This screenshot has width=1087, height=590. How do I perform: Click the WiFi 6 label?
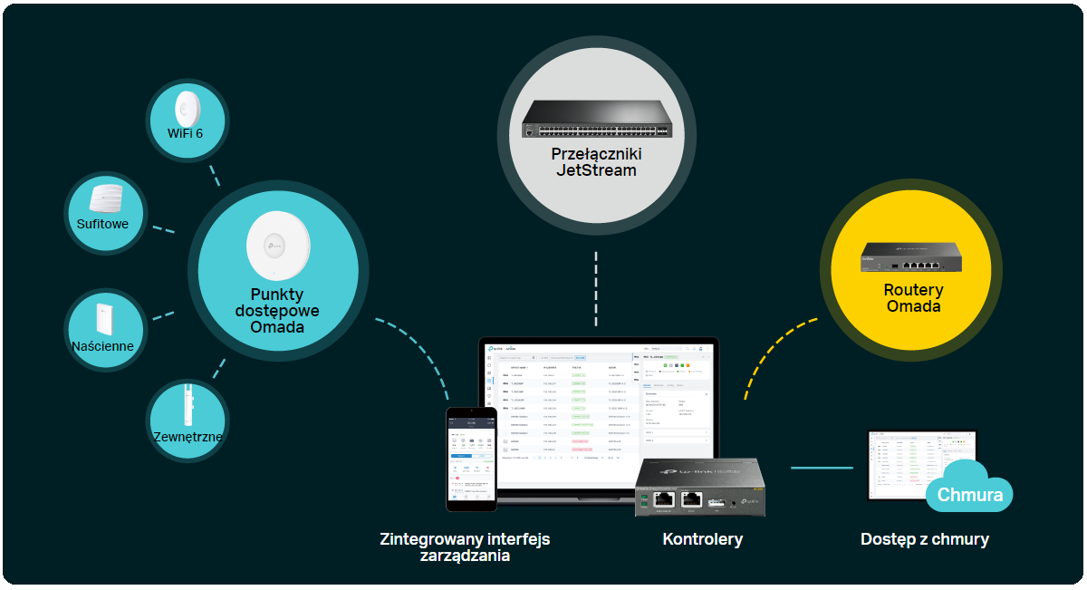point(185,133)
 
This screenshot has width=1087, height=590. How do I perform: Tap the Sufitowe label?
point(102,224)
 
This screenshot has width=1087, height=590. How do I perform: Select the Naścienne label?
point(102,346)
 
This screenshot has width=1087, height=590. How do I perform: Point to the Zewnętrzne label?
point(188,437)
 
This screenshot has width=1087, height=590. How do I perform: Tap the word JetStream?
point(595,170)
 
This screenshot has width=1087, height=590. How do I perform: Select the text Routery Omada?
point(913,298)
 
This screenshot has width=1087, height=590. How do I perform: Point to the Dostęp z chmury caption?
point(924,539)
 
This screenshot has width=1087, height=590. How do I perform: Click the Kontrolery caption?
point(702,539)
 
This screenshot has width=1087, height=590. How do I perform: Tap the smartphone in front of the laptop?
point(471,458)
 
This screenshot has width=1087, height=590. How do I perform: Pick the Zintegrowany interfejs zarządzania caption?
point(465,547)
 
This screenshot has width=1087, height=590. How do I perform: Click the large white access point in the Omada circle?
point(278,245)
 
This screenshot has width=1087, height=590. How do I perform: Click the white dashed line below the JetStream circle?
point(596,288)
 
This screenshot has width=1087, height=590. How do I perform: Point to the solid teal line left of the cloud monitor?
point(822,468)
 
